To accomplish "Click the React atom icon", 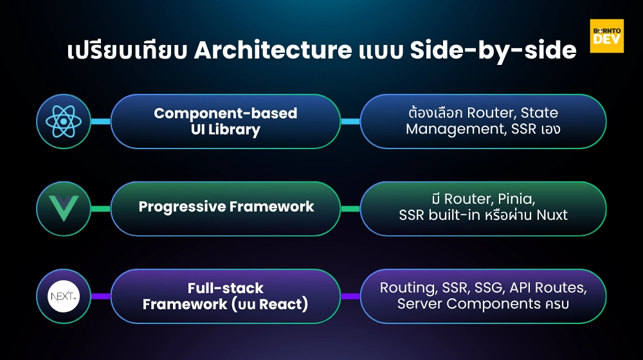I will pyautogui.click(x=64, y=122).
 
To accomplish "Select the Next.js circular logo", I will pyautogui.click(x=64, y=296).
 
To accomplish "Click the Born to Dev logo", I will pyautogui.click(x=606, y=36).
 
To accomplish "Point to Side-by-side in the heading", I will pyautogui.click(x=493, y=51).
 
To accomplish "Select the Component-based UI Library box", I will pyautogui.click(x=225, y=122).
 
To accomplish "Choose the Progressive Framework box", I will pyautogui.click(x=225, y=207).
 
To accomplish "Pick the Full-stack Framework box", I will pyautogui.click(x=225, y=296).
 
